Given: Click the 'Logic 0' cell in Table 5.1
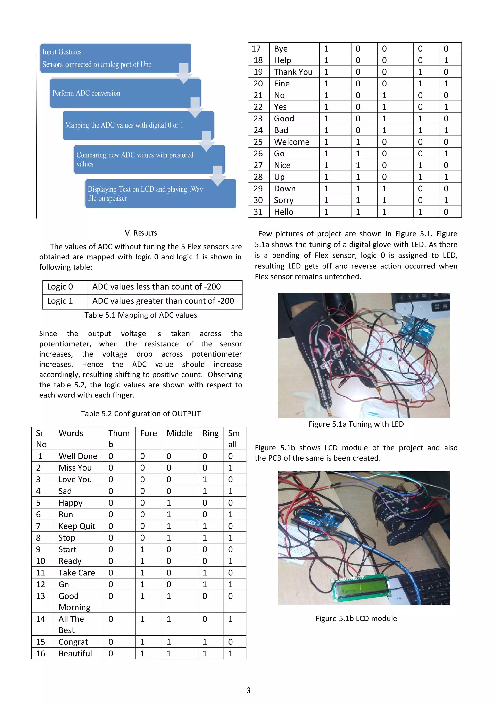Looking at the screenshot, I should pos(60,287).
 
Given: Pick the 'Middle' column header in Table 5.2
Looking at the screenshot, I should pos(179,433).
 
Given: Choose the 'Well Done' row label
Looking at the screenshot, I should pos(78,456).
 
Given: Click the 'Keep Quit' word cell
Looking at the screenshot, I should pos(77,526).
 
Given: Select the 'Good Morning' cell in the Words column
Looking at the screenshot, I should pos(75,601).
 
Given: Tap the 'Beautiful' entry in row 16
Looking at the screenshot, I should pos(75,653).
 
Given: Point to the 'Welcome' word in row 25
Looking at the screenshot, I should pos(291,142).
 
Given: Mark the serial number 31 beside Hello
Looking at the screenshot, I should pos(258,212).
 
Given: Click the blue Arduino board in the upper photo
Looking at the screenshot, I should pos(417,331).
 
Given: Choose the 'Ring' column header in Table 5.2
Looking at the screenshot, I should pos(210,433).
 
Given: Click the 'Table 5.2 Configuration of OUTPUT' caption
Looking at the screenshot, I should pos(141,414).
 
